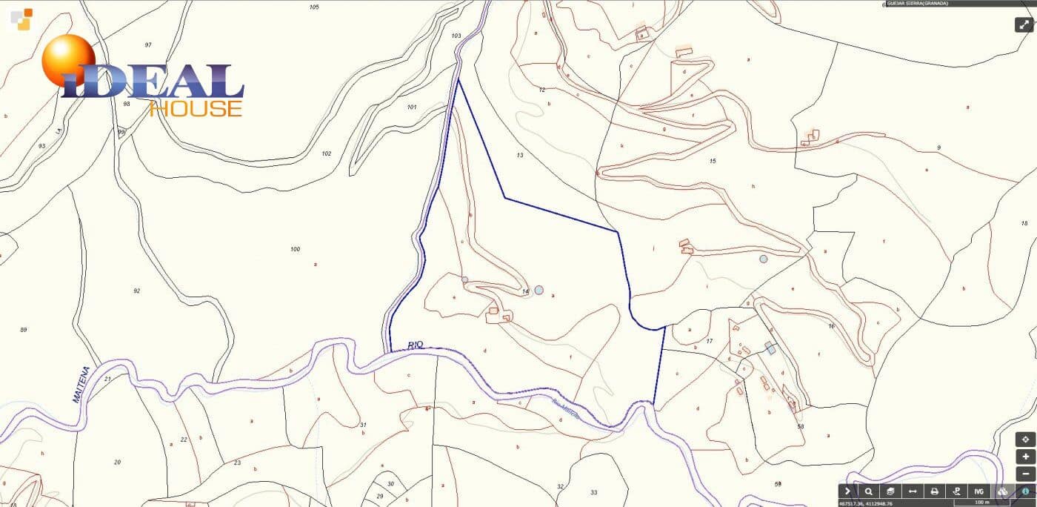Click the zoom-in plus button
click(x=1025, y=457)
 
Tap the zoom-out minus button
click(x=1025, y=474)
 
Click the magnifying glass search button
click(x=868, y=491)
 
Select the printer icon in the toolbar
click(x=935, y=491)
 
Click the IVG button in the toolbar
click(x=978, y=491)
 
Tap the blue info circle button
click(x=1026, y=491)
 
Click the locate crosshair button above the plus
click(x=1025, y=440)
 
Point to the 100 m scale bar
click(x=981, y=503)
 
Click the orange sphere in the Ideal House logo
click(x=67, y=59)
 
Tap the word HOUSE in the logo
click(x=196, y=109)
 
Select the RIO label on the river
click(x=416, y=345)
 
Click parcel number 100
click(x=295, y=249)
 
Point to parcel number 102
click(x=326, y=153)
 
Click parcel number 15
click(x=713, y=161)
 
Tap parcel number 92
click(x=136, y=291)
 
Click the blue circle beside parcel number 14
click(x=539, y=290)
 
